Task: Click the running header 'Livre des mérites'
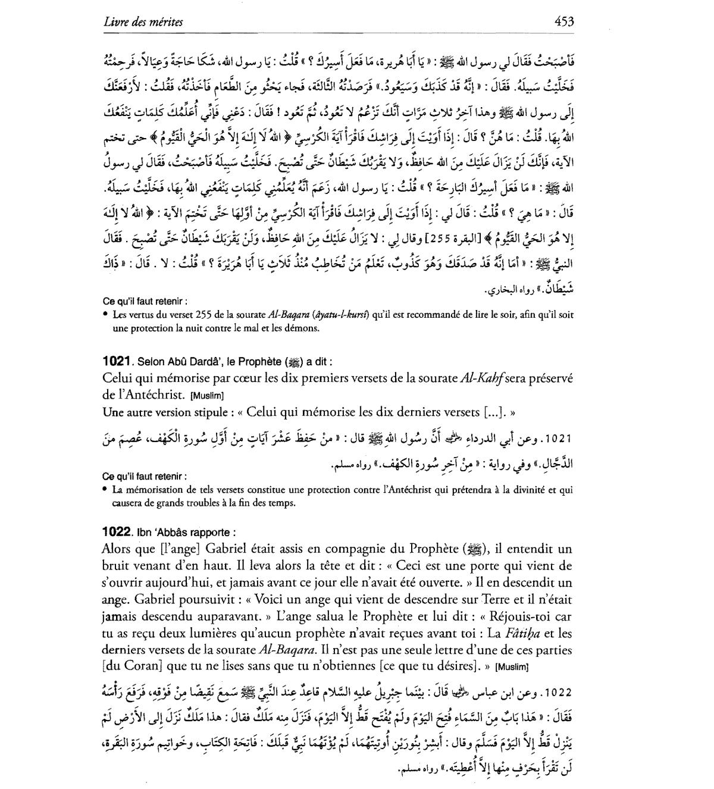(143, 23)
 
